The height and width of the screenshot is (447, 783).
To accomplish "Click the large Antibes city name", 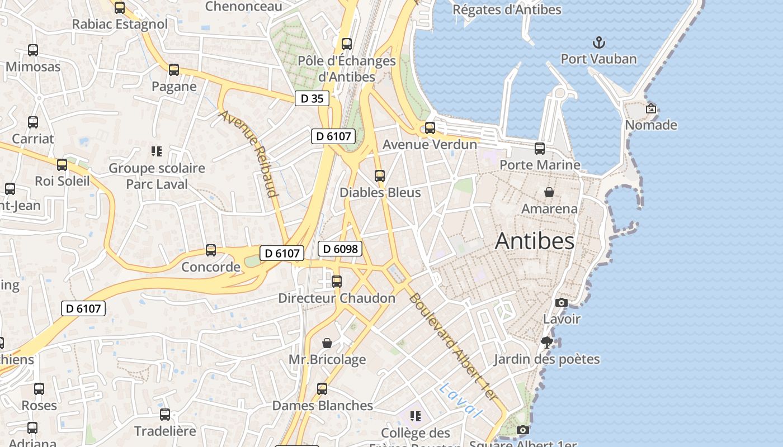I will pos(534,241).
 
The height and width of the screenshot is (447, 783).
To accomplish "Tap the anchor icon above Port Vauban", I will pos(598,42).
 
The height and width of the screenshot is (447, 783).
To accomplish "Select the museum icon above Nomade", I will pos(650,108).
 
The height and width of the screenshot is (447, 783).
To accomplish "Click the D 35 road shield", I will pos(312,98).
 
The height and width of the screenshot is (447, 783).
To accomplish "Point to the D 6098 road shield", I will pos(340,249).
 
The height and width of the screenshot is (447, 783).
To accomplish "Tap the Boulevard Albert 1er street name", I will pos(453,346).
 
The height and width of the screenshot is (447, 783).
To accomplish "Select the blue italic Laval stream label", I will pos(460,401).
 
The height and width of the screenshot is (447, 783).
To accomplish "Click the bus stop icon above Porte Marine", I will pos(539,149).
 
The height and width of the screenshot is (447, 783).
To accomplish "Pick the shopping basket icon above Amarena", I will pos(549,192).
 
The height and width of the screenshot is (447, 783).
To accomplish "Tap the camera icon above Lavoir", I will pos(561,302).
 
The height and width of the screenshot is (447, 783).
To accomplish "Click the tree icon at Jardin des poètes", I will pos(546,342).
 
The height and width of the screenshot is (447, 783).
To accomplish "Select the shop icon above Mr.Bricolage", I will pos(327,343).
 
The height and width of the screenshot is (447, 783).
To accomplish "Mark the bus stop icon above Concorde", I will pos(211,250).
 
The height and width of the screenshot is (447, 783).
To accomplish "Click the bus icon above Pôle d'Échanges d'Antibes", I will pos(347,44).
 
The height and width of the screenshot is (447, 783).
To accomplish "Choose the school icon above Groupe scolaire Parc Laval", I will pos(157,151).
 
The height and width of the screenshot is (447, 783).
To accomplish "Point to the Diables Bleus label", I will pos(380,192).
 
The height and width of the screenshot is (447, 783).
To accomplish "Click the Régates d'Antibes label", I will pos(506,9).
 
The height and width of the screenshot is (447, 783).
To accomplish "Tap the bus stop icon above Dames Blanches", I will pos(322,389).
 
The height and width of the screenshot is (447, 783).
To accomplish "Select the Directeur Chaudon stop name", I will pos(337,298).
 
